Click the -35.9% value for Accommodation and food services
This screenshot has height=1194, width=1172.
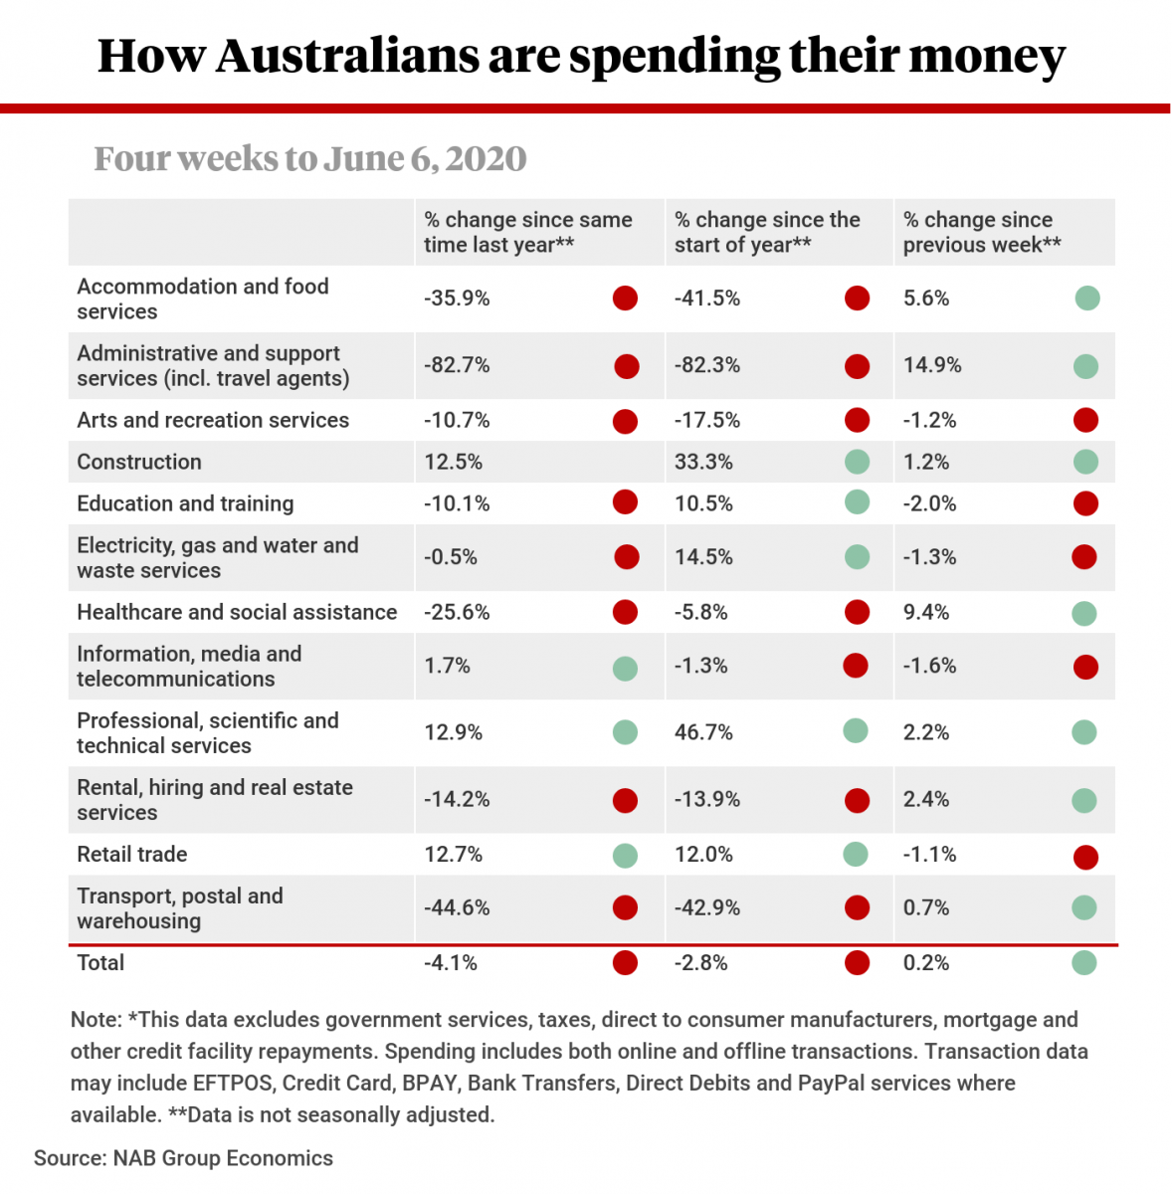(457, 298)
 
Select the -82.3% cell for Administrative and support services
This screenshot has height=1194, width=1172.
(707, 365)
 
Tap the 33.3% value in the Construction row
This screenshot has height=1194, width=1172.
(703, 462)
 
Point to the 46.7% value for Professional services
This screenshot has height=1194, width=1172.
(703, 732)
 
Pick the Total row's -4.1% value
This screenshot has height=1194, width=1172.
(451, 962)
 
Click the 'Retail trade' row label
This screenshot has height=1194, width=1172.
(132, 854)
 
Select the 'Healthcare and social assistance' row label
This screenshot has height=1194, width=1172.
(237, 612)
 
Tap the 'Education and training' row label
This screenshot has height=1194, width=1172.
(185, 503)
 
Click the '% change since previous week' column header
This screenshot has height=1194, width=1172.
(981, 232)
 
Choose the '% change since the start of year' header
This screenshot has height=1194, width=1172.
(767, 232)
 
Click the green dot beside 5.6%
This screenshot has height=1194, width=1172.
(1087, 298)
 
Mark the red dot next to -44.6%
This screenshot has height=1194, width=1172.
(625, 907)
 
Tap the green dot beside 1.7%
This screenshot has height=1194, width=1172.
(625, 668)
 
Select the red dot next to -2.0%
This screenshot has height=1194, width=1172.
(1085, 503)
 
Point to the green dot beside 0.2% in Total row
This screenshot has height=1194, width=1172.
(1084, 962)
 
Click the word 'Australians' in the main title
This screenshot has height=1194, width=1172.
(347, 56)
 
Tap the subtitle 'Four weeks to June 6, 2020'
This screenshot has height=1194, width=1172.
(310, 158)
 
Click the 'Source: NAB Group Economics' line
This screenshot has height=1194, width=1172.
(183, 1158)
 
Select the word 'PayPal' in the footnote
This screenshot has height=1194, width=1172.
(831, 1083)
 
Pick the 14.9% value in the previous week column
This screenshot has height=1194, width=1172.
(932, 365)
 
